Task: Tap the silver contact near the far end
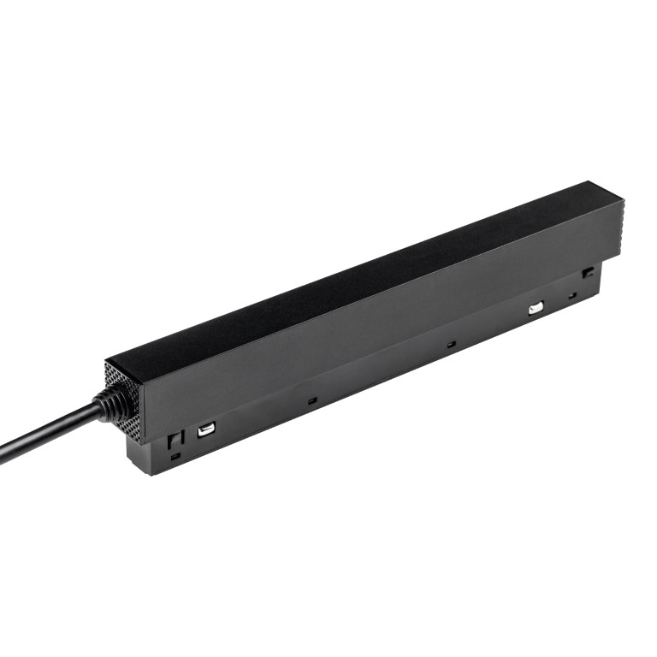tap(536, 308)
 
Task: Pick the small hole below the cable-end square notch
tap(175, 456)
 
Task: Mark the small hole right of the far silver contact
tap(572, 296)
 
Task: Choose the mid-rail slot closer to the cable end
tap(312, 400)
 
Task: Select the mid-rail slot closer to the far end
tap(451, 344)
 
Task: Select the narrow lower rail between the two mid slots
tap(381, 376)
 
